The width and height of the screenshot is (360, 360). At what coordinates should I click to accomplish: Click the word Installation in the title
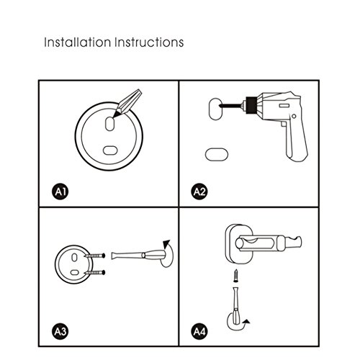[x=77, y=42]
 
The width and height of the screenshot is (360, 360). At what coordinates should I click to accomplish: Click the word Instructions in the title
[x=149, y=42]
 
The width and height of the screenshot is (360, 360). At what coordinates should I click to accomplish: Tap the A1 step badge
[x=60, y=192]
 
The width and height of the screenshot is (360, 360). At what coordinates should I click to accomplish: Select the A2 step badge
[x=199, y=192]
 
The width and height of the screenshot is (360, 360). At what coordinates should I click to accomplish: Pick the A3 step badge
[x=60, y=332]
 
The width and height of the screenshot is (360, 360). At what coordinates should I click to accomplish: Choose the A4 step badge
[x=199, y=332]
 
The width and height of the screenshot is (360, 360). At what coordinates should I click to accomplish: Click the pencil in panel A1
[x=127, y=103]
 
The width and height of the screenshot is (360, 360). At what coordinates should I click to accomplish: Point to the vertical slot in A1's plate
[x=109, y=124]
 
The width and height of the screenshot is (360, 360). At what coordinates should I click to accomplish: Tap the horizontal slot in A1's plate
[x=110, y=150]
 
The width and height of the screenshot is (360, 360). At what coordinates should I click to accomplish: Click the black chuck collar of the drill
[x=251, y=105]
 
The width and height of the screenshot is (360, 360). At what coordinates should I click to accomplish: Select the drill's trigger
[x=284, y=125]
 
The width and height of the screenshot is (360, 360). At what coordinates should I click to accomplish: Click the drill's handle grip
[x=297, y=141]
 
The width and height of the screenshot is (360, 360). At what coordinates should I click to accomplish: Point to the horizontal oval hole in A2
[x=217, y=154]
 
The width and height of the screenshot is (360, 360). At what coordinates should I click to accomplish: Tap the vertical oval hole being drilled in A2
[x=215, y=109]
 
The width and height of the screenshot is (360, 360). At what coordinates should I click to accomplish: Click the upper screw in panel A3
[x=95, y=256]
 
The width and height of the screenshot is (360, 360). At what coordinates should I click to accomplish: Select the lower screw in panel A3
[x=95, y=272]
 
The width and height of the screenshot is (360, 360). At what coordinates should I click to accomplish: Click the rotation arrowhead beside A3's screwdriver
[x=166, y=243]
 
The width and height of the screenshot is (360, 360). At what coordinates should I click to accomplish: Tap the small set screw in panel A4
[x=236, y=276]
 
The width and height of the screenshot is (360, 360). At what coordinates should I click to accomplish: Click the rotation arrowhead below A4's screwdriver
[x=246, y=321]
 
